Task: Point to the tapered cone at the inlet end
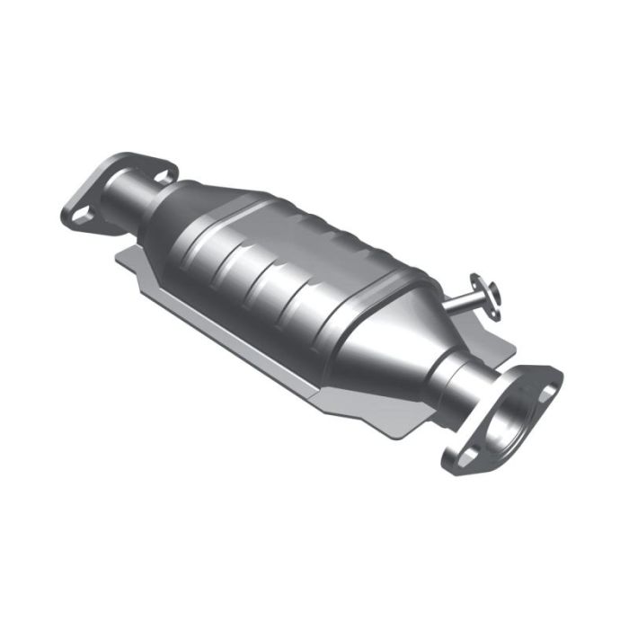(x=184, y=211)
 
